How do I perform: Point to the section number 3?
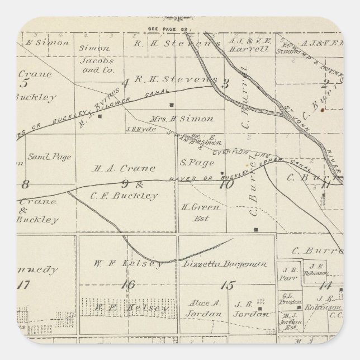(225, 84)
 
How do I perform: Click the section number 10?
(226, 183)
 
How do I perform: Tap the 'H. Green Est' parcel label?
(193, 211)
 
